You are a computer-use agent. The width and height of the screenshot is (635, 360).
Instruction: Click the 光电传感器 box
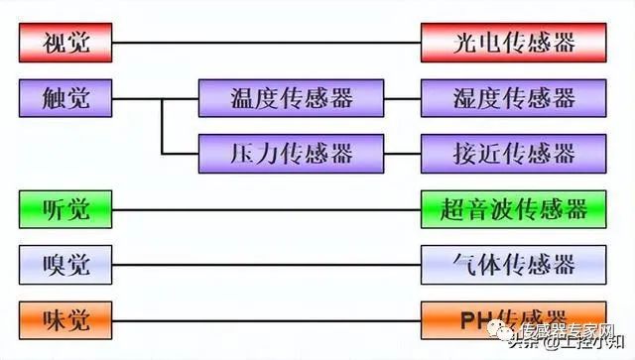pyautogui.click(x=513, y=43)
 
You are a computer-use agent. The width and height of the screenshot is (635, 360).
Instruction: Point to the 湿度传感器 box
pyautogui.click(x=513, y=98)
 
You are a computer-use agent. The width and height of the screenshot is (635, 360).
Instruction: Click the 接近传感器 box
pyautogui.click(x=513, y=154)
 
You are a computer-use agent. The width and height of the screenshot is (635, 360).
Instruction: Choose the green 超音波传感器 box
pyautogui.click(x=513, y=209)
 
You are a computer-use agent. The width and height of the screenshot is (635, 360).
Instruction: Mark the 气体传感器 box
pyautogui.click(x=513, y=265)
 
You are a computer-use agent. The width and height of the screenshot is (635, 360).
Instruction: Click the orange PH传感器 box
pyautogui.click(x=513, y=319)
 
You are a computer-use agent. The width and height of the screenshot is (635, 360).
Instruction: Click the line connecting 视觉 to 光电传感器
pyautogui.click(x=268, y=43)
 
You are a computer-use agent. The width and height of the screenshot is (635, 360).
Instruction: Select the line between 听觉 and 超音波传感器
pyautogui.click(x=268, y=209)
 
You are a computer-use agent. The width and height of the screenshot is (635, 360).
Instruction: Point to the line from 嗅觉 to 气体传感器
pyautogui.click(x=268, y=265)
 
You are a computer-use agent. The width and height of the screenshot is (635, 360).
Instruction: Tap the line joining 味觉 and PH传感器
pyautogui.click(x=268, y=320)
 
